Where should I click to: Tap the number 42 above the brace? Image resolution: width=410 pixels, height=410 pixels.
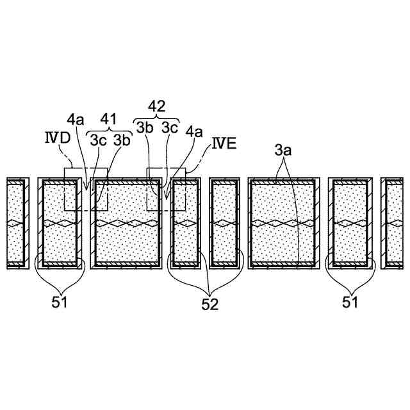tap(157, 105)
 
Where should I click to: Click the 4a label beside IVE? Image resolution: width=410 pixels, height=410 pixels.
tap(194, 133)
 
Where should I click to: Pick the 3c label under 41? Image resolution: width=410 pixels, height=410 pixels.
tap(98, 139)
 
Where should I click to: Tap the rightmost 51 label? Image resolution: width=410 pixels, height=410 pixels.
tap(349, 300)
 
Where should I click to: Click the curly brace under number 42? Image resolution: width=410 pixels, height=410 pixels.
tap(157, 116)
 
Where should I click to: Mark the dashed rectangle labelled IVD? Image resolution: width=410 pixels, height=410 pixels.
tap(86, 190)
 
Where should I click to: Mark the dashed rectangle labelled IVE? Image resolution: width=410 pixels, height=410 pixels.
tap(167, 190)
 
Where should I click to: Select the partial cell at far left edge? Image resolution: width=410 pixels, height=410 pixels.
tap(16, 223)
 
